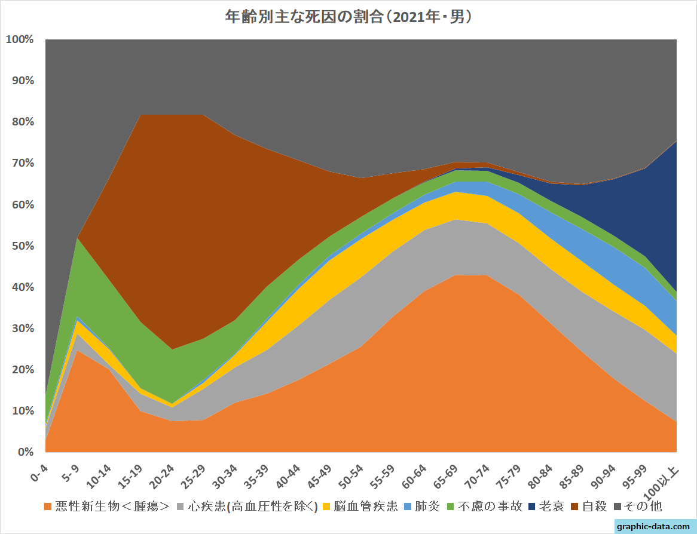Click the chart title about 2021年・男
(x=348, y=16)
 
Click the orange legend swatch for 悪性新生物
(x=48, y=507)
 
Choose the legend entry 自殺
(x=595, y=507)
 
